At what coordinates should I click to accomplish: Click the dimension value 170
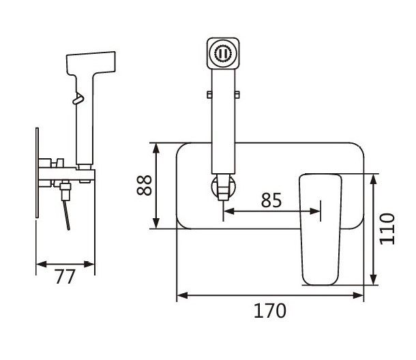(270, 311)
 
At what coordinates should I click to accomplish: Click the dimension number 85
(271, 200)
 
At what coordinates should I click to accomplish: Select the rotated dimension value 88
(145, 184)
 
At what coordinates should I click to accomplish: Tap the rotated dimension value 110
(387, 228)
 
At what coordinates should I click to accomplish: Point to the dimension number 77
(65, 277)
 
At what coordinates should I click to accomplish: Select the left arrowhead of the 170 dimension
(180, 295)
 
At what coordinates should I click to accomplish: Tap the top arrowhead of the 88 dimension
(158, 147)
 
